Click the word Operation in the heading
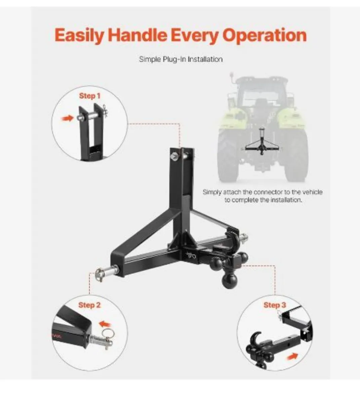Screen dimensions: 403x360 pyautogui.click(x=265, y=35)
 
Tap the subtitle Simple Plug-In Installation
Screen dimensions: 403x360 pyautogui.click(x=181, y=59)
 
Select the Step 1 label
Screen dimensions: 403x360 pyautogui.click(x=89, y=96)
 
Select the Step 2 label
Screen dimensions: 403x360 pyautogui.click(x=89, y=305)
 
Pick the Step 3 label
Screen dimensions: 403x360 pyautogui.click(x=275, y=305)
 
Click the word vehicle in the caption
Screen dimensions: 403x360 pyautogui.click(x=312, y=192)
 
